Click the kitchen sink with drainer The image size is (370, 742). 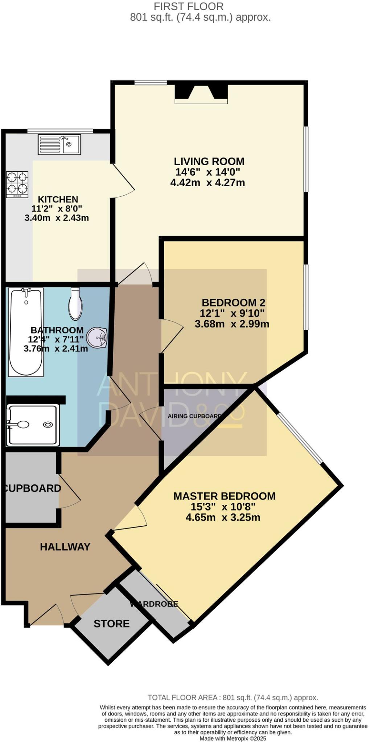pyautogui.click(x=59, y=145)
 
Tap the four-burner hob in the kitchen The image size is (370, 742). pyautogui.click(x=17, y=184)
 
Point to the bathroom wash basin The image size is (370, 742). pyautogui.click(x=97, y=338)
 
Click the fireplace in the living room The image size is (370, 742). pyautogui.click(x=201, y=94)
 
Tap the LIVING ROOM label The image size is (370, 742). pyautogui.click(x=209, y=161)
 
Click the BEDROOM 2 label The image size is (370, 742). pyautogui.click(x=233, y=302)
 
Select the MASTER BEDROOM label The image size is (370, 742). pyautogui.click(x=224, y=496)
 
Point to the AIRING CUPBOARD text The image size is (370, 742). pyautogui.click(x=194, y=416)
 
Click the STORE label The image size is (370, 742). pyautogui.click(x=111, y=624)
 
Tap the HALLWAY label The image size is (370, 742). pyautogui.click(x=65, y=547)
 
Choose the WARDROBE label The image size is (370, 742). pyautogui.click(x=154, y=604)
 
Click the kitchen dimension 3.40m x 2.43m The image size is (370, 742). pyautogui.click(x=57, y=218)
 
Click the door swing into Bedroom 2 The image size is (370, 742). pyautogui.click(x=171, y=335)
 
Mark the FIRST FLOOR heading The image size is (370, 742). pyautogui.click(x=189, y=6)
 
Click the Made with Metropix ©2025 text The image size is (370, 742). pyautogui.click(x=233, y=738)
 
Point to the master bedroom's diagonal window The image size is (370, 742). pyautogui.click(x=300, y=439)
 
